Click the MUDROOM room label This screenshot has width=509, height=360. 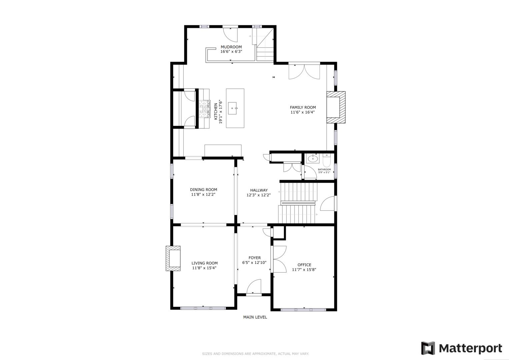[x=231, y=47]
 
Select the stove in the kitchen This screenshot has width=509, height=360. [x=204, y=109]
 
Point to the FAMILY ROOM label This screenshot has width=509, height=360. [x=303, y=107]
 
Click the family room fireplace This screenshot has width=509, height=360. [x=336, y=107]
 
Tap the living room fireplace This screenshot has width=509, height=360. [x=173, y=258]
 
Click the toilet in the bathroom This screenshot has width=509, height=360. [x=327, y=160]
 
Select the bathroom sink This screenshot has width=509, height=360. [x=313, y=158]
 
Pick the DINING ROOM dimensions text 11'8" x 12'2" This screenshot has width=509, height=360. [x=203, y=194]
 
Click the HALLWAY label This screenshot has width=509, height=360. [x=259, y=190]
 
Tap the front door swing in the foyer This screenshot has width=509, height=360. [x=254, y=287]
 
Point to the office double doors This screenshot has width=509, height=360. [x=279, y=259]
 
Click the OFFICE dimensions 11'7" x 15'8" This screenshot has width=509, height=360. [x=304, y=270]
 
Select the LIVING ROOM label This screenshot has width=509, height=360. [x=205, y=263]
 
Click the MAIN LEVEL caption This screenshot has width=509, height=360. [x=255, y=317]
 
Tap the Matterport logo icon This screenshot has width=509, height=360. [x=428, y=348]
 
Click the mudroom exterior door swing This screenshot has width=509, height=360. [x=230, y=35]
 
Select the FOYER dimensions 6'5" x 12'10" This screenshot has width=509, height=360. [x=254, y=263]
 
